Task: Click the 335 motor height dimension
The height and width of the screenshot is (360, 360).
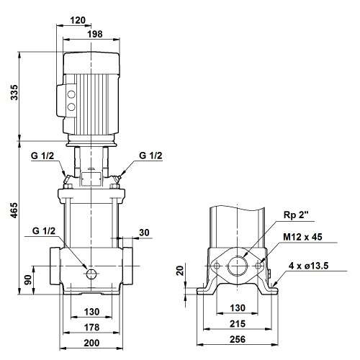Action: click(x=14, y=92)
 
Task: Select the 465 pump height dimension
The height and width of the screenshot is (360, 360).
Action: click(x=14, y=210)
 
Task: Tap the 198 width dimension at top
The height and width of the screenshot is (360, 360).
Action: click(x=95, y=34)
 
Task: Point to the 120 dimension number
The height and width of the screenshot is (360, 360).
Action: click(x=78, y=20)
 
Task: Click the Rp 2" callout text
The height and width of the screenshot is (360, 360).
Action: click(x=296, y=215)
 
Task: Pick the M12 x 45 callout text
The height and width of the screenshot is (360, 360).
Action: click(x=302, y=237)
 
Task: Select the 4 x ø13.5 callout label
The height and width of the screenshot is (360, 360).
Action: click(x=308, y=266)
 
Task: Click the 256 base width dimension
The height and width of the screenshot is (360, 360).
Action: click(x=238, y=339)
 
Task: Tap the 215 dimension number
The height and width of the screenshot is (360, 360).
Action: click(x=238, y=324)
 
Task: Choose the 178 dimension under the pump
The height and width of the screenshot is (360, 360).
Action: click(x=91, y=328)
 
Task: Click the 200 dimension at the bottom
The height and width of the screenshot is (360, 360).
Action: click(x=91, y=343)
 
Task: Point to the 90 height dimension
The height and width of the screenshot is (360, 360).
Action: click(x=28, y=280)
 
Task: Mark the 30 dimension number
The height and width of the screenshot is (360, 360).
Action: click(x=144, y=233)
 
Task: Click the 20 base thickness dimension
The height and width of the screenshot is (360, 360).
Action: click(x=180, y=271)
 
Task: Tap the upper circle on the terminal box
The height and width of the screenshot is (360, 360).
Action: click(x=71, y=94)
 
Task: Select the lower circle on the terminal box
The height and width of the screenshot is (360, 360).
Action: click(x=71, y=107)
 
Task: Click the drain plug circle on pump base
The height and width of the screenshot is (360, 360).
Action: click(x=91, y=274)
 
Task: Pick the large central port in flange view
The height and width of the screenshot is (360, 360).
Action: click(x=238, y=266)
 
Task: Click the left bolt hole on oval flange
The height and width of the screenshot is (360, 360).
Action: click(x=217, y=266)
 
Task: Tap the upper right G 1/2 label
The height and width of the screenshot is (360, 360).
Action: click(x=150, y=156)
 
